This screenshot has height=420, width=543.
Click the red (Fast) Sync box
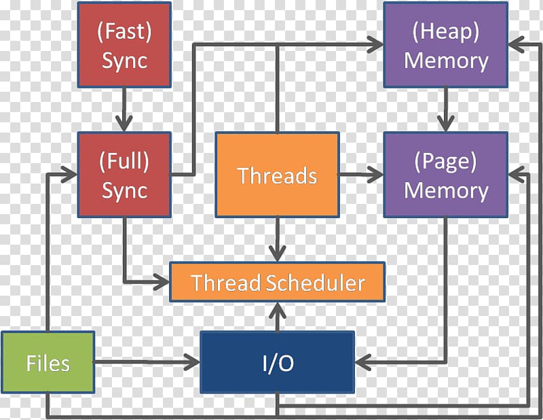point(124,45)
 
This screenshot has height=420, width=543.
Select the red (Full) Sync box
point(124,175)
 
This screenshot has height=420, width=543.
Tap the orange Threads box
point(277,175)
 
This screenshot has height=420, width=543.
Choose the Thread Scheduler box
point(277,282)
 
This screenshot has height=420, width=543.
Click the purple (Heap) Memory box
point(446,45)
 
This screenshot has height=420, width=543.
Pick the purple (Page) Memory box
point(446,175)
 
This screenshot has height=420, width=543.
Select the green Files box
point(48,362)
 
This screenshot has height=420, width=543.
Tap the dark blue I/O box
point(278,362)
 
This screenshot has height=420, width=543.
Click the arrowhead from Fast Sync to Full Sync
point(124,122)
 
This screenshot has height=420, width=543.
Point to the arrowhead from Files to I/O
point(192,362)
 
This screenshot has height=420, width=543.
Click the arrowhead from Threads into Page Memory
point(375,175)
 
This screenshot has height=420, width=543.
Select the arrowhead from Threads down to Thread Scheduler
point(278,253)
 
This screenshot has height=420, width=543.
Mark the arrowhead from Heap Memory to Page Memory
point(446,122)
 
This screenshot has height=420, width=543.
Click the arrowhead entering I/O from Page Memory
point(363,362)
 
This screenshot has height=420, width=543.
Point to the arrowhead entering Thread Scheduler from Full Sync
point(161,281)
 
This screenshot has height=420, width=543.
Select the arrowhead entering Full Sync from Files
point(69,175)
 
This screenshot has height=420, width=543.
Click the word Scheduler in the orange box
point(316,283)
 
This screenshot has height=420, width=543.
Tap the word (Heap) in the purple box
point(446,31)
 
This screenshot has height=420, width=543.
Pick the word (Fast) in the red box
point(124,31)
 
